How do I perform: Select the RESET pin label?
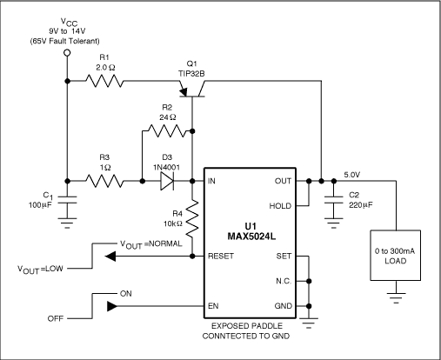coord(220,257)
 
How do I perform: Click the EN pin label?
coord(212,307)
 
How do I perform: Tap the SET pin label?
coord(284,257)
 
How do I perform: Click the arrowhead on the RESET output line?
coord(111,257)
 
